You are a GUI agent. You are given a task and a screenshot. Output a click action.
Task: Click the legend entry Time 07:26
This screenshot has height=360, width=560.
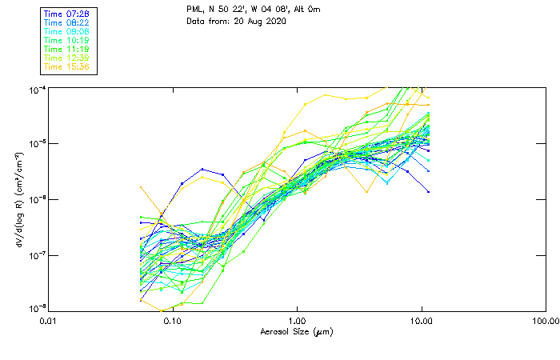point(66,13)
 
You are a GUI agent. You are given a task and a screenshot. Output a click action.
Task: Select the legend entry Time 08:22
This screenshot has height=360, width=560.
point(66,22)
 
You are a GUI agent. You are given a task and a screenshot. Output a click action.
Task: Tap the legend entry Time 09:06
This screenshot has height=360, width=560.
point(66,30)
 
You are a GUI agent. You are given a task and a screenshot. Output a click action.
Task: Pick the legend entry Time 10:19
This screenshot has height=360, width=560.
point(66,39)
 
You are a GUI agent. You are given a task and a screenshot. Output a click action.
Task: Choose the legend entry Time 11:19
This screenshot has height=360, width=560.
point(66,48)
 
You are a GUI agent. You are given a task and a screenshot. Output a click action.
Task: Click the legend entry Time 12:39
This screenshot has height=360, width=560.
point(66,57)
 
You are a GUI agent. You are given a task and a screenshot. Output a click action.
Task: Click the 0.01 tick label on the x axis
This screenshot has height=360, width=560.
point(49,321)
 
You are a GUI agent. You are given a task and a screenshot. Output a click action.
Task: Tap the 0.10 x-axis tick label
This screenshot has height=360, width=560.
point(173,321)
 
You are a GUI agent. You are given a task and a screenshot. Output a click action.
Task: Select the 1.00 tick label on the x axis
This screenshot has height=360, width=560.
point(297,321)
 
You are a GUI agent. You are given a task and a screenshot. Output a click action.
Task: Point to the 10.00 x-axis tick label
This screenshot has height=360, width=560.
point(421,321)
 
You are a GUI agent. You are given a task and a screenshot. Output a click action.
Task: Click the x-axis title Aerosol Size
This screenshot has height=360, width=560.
point(297,331)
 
